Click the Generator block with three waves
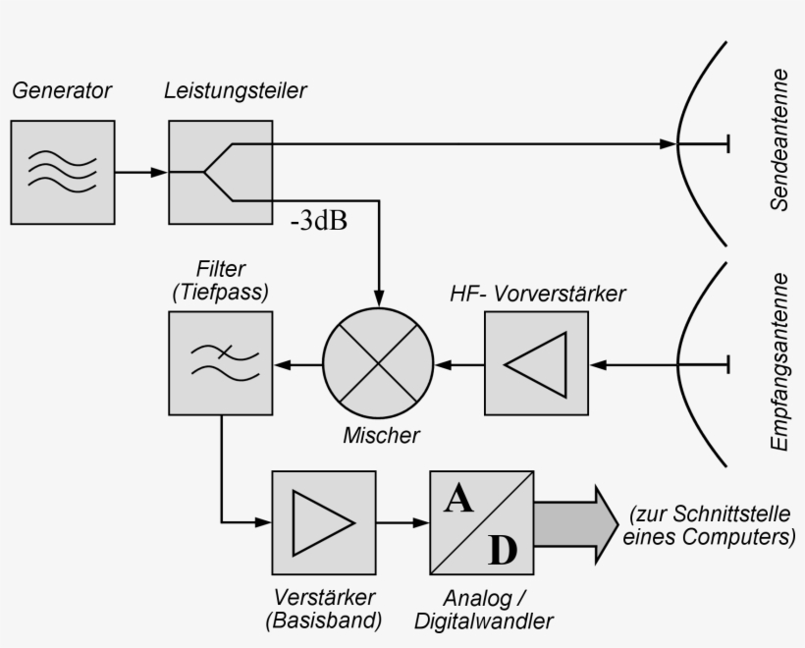(62, 172)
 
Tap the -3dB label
(319, 220)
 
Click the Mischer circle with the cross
(379, 365)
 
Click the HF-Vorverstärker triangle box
(536, 364)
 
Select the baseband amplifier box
(324, 521)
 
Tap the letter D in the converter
(502, 551)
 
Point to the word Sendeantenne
(780, 139)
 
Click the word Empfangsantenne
(780, 361)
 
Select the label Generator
(62, 92)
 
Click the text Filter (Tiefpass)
(220, 280)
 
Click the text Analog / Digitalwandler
(483, 609)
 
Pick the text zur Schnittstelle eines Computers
(709, 525)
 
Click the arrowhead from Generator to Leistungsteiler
(159, 173)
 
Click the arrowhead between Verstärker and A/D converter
(420, 522)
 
